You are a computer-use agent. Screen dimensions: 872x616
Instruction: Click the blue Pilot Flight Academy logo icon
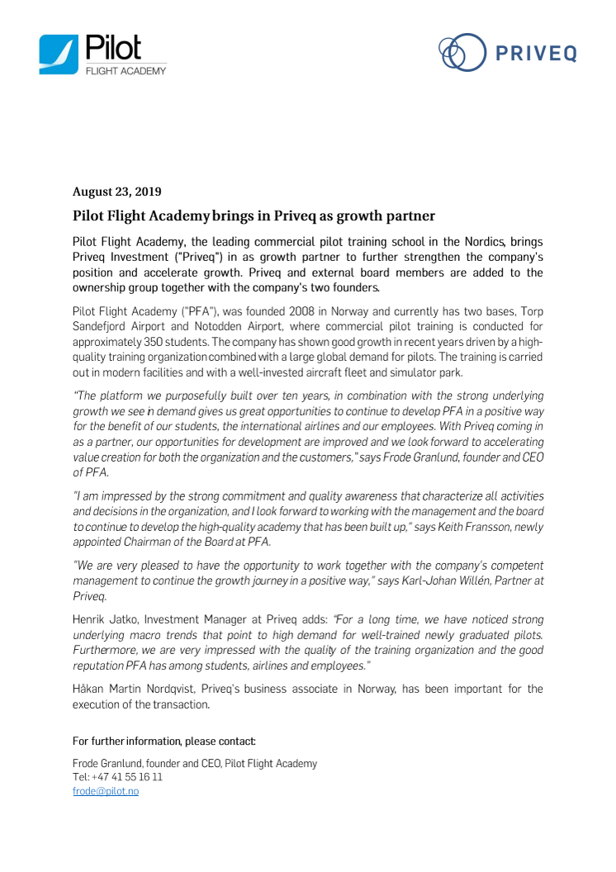click(x=59, y=55)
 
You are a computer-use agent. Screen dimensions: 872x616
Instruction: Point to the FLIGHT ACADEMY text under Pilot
click(x=126, y=71)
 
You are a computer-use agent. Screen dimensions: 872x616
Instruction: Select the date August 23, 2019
click(x=117, y=192)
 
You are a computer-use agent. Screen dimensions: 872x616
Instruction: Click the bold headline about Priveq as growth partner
click(x=254, y=216)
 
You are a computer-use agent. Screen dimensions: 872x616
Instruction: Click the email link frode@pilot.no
click(x=106, y=791)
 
